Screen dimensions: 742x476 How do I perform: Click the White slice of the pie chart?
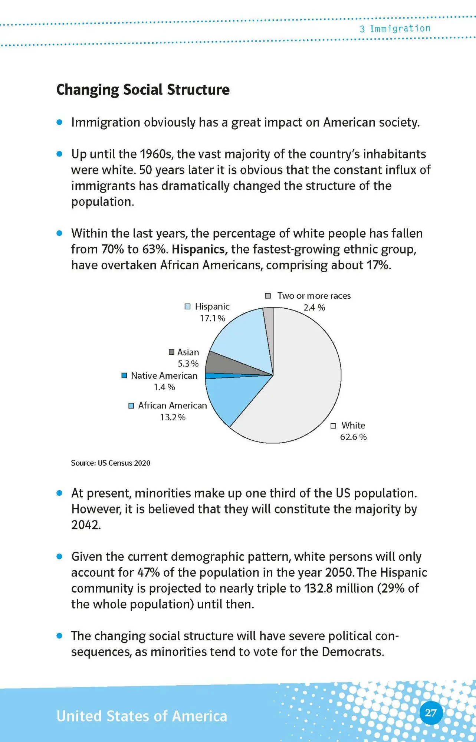point(304,386)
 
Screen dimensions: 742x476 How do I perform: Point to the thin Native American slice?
point(223,376)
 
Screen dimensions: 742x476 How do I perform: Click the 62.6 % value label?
point(353,437)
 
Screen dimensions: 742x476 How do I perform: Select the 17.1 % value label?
point(212,318)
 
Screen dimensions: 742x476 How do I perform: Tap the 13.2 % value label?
point(173,417)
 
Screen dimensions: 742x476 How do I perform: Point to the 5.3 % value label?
point(188,364)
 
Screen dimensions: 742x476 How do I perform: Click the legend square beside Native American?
point(124,375)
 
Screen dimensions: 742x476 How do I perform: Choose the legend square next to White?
point(333,426)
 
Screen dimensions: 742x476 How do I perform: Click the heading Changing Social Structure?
point(143,90)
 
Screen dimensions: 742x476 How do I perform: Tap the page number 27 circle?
point(431,713)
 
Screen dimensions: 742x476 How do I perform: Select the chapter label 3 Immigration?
point(395,29)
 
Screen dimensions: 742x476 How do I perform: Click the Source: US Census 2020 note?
point(111,463)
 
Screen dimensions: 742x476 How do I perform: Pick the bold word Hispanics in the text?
point(198,249)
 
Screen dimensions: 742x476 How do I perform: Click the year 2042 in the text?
point(85,525)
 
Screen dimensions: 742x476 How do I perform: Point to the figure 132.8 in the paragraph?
point(318,589)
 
